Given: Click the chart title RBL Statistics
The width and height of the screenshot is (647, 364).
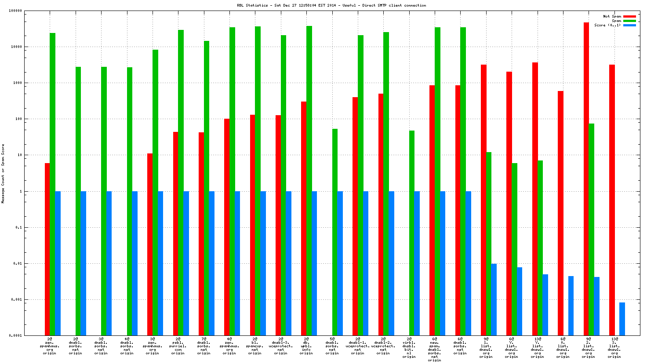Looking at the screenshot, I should [x=331, y=5].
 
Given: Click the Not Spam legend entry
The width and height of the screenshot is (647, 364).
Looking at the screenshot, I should [x=612, y=16].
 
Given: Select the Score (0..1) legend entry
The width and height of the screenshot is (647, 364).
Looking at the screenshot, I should [x=607, y=25].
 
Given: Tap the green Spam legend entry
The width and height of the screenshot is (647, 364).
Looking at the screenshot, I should [x=616, y=21].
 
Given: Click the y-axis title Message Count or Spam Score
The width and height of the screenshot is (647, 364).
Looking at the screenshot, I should [x=3, y=174].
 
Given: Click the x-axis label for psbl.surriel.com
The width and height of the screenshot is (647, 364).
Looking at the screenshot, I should [x=178, y=346].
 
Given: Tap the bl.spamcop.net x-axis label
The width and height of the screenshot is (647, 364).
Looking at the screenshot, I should [x=255, y=346].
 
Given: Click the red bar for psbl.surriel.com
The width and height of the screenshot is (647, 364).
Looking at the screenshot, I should [x=175, y=233].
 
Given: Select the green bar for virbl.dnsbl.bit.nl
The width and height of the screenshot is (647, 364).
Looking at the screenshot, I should [x=412, y=233].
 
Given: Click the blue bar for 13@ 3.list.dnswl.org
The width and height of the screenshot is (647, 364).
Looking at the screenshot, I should [x=622, y=319].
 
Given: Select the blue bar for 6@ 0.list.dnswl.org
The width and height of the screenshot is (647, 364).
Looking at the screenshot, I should [x=571, y=306].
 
